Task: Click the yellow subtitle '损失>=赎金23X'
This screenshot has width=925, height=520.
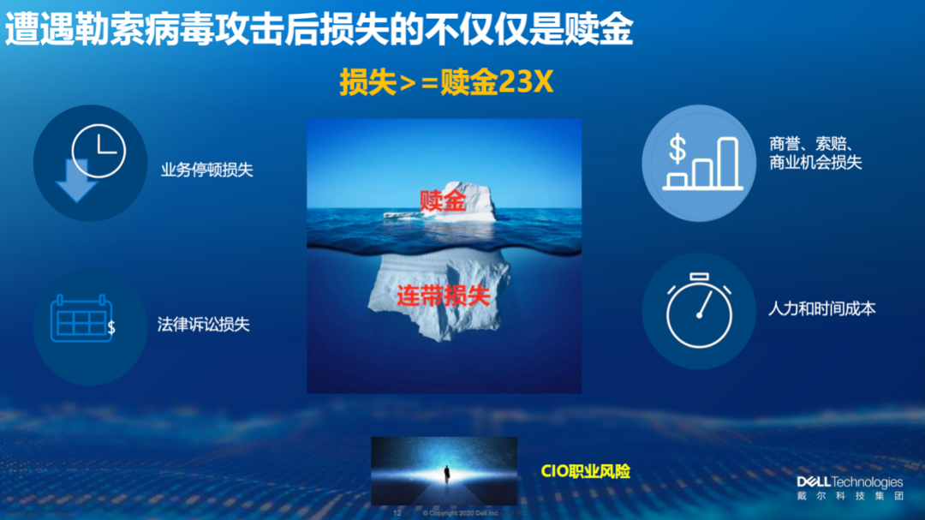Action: (x=446, y=83)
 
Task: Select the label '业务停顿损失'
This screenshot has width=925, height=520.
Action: (x=207, y=170)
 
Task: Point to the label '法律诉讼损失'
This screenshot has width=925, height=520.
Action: (x=204, y=325)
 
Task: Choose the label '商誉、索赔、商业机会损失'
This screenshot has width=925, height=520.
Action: (x=815, y=153)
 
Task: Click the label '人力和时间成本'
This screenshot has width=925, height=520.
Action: (x=821, y=309)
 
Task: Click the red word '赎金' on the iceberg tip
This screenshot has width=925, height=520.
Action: (x=443, y=201)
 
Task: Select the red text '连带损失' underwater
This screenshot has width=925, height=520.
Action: (x=443, y=296)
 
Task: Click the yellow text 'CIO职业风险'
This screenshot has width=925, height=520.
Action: (x=586, y=471)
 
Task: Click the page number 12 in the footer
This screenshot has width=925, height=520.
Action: (x=397, y=511)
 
